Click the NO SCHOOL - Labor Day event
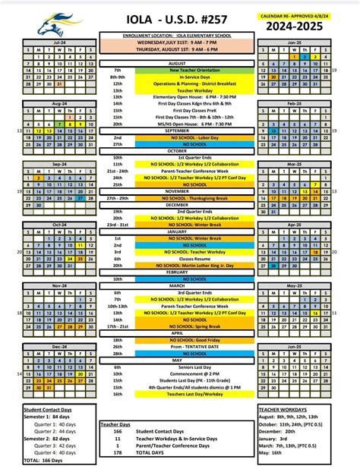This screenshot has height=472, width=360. click(181, 137)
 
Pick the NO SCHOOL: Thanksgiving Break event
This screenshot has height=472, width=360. click(181, 198)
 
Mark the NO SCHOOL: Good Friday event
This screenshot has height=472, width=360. click(181, 341)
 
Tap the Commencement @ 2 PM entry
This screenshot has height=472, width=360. click(181, 373)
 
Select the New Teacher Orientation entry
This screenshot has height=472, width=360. click(181, 70)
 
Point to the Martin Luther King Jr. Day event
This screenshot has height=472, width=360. click(181, 265)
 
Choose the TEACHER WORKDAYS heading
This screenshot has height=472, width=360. click(277, 409)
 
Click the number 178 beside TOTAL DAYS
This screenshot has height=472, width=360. click(118, 454)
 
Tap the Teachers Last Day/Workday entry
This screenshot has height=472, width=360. click(181, 393)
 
